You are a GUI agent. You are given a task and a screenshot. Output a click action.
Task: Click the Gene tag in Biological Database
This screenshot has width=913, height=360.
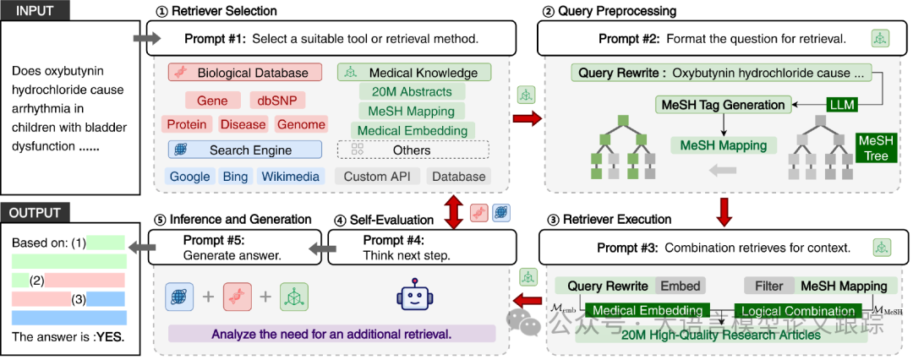tap(212, 101)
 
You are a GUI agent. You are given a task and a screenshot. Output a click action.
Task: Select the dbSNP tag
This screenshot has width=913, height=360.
tap(277, 101)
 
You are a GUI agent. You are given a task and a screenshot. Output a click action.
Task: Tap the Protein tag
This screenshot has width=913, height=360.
tap(187, 125)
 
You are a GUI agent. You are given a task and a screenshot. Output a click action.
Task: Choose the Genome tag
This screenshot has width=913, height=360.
tap(301, 125)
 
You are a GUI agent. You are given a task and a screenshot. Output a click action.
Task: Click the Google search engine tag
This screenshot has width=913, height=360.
tap(189, 177)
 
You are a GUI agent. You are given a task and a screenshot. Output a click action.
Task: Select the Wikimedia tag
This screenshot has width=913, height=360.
tap(290, 177)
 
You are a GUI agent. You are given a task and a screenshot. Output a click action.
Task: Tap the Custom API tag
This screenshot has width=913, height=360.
tap(377, 177)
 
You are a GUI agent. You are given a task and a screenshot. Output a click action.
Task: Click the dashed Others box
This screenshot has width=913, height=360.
tap(413, 150)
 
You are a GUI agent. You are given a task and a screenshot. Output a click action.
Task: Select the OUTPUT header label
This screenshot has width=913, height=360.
tap(36, 213)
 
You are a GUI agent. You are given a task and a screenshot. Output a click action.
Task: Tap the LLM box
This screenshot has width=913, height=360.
tap(844, 105)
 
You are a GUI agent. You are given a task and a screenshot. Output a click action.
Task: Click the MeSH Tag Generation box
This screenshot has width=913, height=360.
tap(724, 105)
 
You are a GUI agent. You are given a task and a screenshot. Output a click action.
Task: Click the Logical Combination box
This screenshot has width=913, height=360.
tap(795, 311)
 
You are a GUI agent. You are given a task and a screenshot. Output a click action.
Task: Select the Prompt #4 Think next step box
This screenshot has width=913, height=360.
tap(421, 247)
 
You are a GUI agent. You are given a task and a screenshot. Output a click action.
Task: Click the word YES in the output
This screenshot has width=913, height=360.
tap(109, 337)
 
